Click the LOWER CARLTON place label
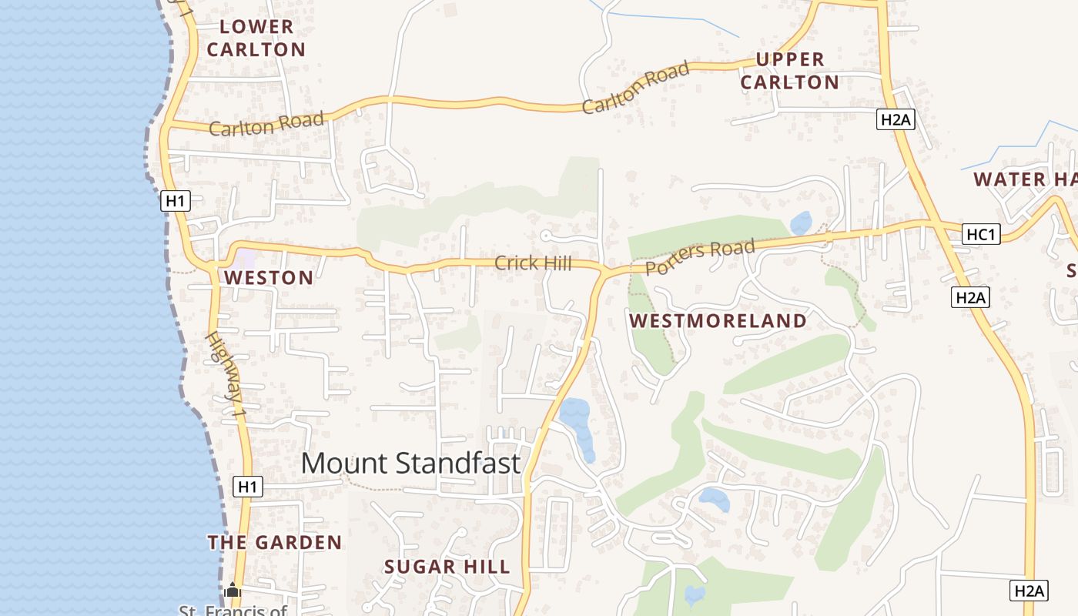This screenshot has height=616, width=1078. pos(256,38)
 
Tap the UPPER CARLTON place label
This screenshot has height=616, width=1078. pos(789,70)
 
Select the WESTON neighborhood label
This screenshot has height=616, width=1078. pos(269,278)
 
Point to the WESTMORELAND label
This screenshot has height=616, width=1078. pos(718,321)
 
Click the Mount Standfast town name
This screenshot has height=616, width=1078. pos(410,464)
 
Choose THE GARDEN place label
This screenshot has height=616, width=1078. pos(275,543)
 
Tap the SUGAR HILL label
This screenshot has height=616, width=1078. pos(447,567)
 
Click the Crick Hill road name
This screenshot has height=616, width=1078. pos(533,263)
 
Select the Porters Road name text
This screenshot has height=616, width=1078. pos(700,257)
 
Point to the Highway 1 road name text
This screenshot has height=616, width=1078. pos(226,376)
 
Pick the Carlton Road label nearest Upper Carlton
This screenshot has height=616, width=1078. pos(635,88)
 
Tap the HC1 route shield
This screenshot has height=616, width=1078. pos(981,234)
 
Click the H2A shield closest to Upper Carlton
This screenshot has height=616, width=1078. pos(896,119)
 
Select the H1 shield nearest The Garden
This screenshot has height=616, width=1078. pos(247,487)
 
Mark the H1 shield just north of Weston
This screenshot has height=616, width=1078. pos(176,202)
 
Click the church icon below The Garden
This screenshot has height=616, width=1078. pos(233,591)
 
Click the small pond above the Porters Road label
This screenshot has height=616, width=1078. pos(801,223)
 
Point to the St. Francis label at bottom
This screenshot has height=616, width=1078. pos(233,611)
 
